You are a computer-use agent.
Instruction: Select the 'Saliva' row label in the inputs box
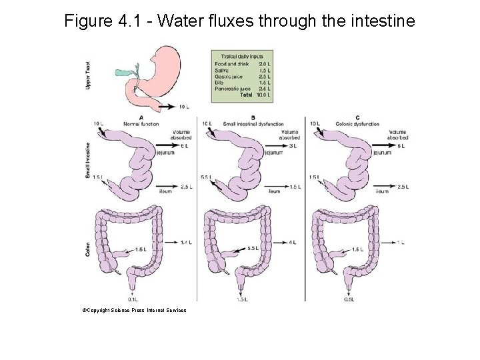(x=222, y=70)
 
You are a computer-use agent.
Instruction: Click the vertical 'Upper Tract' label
(x=89, y=75)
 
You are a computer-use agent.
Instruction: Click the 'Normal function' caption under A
(x=141, y=124)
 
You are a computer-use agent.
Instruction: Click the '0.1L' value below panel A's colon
(x=133, y=299)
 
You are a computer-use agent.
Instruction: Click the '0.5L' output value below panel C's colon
(x=349, y=299)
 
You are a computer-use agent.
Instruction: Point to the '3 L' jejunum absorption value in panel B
(x=293, y=145)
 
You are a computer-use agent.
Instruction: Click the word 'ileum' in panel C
(x=382, y=191)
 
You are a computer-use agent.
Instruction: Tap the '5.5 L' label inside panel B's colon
(x=253, y=248)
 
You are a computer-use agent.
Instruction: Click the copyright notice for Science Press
(x=134, y=310)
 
